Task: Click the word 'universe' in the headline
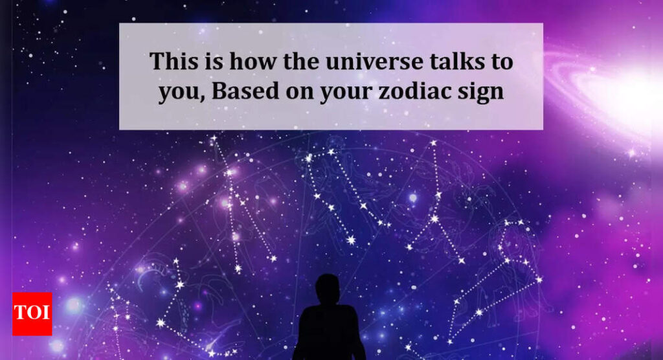(374, 62)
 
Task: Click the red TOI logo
(32, 314)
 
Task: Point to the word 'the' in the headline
(300, 62)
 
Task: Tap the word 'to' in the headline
(502, 62)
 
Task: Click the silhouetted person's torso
(328, 333)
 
